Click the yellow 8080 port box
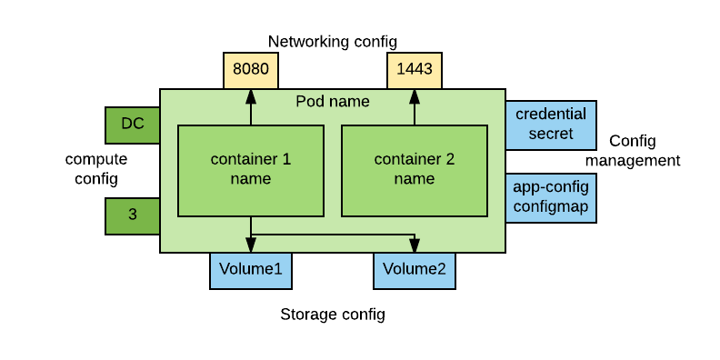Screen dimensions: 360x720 point(250,70)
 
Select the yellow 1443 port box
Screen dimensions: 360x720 point(415,70)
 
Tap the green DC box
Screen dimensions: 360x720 point(133,125)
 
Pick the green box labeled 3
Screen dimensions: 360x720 point(133,215)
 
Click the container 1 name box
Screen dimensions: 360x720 point(251,170)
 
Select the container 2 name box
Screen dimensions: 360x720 point(415,170)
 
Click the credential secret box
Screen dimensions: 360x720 point(551,125)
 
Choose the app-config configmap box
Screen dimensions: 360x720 point(551,197)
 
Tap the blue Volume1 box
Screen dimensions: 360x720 point(250,270)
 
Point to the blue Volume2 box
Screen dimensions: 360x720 point(415,270)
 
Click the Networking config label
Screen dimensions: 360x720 point(332,42)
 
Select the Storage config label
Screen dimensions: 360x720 point(332,315)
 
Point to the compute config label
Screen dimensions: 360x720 point(96,169)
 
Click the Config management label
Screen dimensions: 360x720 point(633,151)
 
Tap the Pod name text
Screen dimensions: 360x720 point(333,101)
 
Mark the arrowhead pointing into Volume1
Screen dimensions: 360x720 point(251,245)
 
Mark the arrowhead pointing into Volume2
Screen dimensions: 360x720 point(415,245)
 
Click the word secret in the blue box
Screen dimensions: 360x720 point(551,134)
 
